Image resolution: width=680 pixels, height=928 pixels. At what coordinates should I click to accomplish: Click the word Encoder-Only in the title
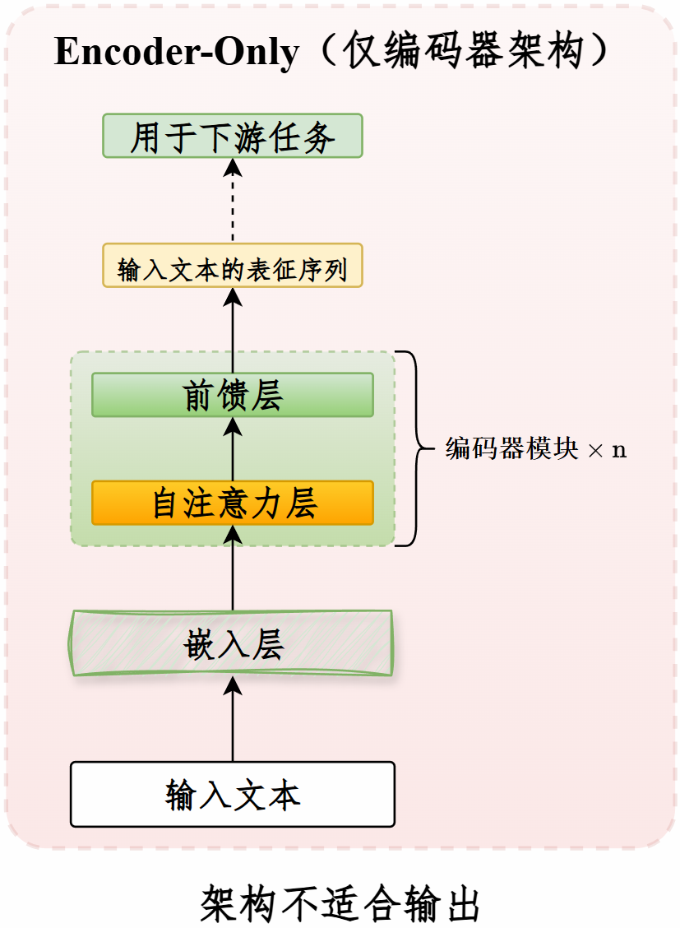(177, 52)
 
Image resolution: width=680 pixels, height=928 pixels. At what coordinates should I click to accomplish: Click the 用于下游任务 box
(233, 136)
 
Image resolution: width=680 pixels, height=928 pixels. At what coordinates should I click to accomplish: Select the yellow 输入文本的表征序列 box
(233, 265)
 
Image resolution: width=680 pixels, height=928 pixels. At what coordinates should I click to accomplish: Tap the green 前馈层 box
(233, 395)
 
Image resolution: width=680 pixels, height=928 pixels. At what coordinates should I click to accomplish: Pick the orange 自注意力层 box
(233, 503)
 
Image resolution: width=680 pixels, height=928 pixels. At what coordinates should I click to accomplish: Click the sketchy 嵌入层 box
(231, 643)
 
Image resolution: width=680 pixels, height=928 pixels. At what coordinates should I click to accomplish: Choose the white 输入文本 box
(233, 794)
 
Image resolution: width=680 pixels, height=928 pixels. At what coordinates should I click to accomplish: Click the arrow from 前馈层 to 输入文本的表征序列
(233, 330)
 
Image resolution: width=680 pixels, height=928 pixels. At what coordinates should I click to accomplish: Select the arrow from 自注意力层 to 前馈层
(233, 449)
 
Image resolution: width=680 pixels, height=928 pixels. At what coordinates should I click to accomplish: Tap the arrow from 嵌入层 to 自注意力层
(233, 568)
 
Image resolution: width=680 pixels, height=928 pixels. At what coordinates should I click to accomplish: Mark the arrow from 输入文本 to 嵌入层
(233, 719)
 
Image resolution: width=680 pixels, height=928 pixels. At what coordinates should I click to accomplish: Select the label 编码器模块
(511, 448)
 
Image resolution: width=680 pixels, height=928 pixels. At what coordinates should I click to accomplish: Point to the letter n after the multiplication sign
(619, 450)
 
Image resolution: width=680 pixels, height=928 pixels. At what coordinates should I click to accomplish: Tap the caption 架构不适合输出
(340, 904)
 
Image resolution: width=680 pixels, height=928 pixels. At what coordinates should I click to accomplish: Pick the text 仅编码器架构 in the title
(465, 51)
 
